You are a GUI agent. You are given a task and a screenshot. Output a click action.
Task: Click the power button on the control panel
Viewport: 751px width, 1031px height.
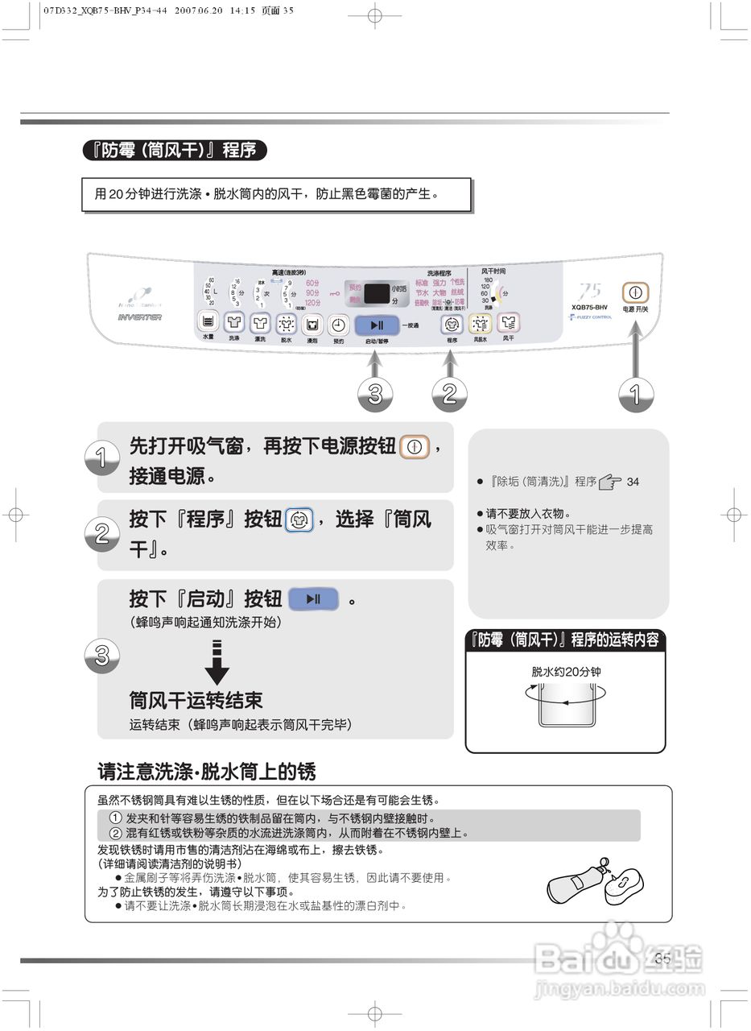(x=635, y=292)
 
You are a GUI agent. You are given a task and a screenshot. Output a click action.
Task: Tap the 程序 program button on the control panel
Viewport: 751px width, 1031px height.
(x=452, y=324)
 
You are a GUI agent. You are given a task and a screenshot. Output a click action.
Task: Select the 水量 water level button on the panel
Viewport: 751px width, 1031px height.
(x=208, y=324)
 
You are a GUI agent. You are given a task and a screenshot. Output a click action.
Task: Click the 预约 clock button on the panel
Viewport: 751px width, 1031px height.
(x=339, y=325)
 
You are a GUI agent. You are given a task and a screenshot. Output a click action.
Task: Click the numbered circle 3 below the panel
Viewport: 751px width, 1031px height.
(x=375, y=394)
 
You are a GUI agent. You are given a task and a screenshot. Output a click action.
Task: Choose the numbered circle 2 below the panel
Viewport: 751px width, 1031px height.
(x=450, y=394)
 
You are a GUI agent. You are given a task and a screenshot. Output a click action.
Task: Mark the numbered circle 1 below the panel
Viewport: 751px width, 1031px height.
(x=635, y=394)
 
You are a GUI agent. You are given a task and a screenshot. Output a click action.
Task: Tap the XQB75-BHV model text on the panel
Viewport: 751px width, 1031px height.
(x=589, y=307)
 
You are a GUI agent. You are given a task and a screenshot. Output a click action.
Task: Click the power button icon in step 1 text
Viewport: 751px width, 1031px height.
(x=415, y=446)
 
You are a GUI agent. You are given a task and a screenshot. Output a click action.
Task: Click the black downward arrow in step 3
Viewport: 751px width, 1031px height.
(x=217, y=662)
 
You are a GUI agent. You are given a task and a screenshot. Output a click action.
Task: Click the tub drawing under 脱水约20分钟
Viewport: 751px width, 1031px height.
(x=565, y=705)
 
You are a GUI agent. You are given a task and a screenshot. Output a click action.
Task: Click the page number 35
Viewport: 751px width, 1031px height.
(x=662, y=958)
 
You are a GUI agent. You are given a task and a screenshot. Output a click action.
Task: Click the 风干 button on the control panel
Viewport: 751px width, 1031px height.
(x=508, y=324)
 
